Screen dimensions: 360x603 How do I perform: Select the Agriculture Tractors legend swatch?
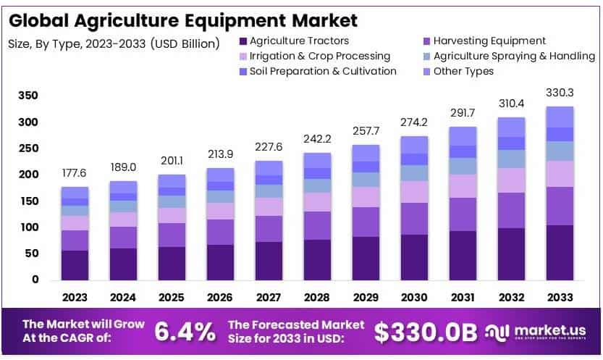tap(243, 41)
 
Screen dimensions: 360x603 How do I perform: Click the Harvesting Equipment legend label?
tap(489, 41)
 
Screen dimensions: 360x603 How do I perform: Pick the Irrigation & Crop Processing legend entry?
tap(319, 56)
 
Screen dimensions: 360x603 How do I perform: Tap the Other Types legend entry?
tap(463, 72)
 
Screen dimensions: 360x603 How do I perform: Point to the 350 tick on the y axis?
tap(28, 96)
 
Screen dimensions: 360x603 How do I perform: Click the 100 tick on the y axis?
tap(28, 227)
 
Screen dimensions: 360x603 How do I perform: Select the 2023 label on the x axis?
tap(75, 297)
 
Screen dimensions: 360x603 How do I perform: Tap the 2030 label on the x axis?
tap(414, 297)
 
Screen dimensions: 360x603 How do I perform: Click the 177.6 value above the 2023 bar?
tap(75, 175)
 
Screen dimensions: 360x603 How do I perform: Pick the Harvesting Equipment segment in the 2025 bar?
tap(172, 235)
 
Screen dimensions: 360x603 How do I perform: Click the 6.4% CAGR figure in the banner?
tap(185, 332)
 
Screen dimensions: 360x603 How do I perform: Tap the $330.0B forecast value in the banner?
tap(426, 332)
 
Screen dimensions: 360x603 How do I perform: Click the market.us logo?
tap(536, 332)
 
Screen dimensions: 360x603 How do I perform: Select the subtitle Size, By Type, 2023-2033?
tap(113, 43)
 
